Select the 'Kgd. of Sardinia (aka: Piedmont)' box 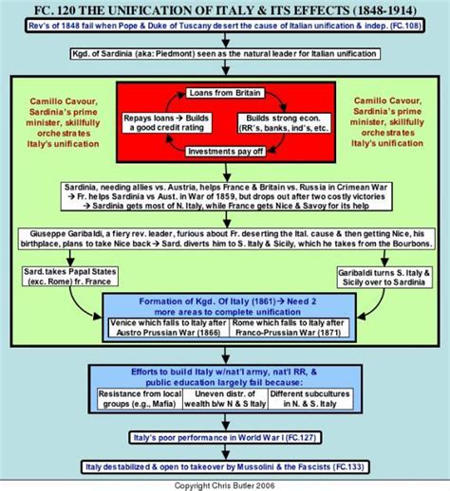(224, 59)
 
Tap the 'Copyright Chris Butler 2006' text (224, 483)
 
